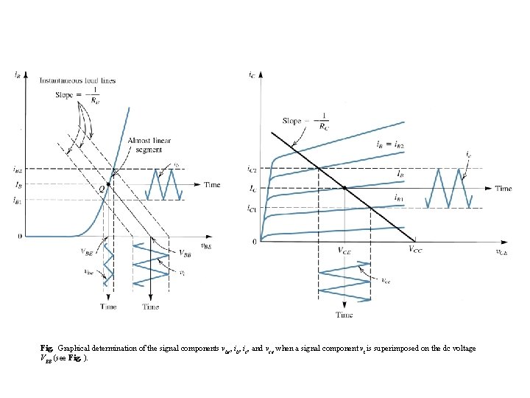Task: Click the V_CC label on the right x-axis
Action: click(x=416, y=250)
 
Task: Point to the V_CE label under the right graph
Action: click(x=345, y=250)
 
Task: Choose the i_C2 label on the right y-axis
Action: click(x=252, y=170)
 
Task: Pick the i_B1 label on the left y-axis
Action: click(x=18, y=200)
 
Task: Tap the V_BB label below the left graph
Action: click(x=188, y=253)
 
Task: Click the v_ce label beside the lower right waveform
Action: click(x=386, y=280)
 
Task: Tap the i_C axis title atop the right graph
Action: click(x=252, y=74)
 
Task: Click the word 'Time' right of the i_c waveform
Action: click(x=503, y=189)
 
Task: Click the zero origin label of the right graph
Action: click(x=255, y=241)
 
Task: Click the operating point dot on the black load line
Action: click(x=344, y=189)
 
